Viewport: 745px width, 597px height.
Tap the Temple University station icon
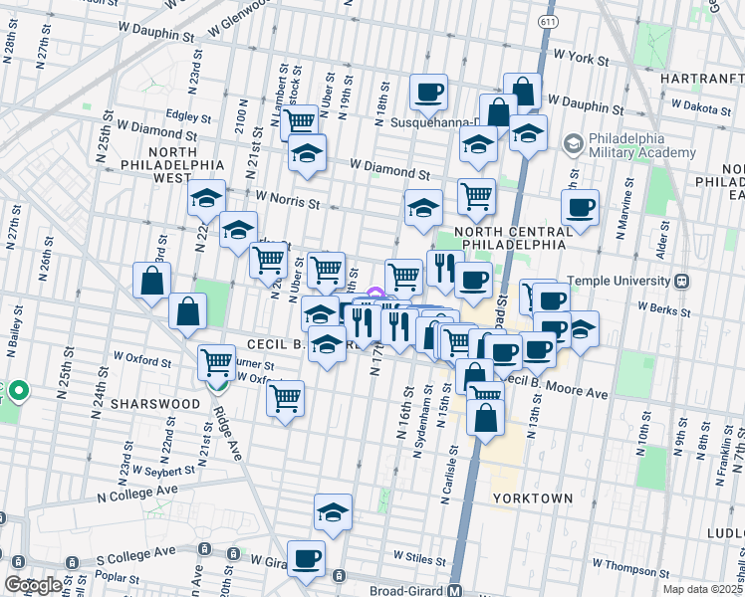(681, 281)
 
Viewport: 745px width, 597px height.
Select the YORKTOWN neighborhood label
(532, 497)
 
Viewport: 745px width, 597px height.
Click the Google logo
(32, 585)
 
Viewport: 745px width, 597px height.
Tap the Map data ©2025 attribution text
(702, 589)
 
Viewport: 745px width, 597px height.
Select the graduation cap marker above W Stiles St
(333, 512)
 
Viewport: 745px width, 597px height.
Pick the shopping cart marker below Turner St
(286, 399)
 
